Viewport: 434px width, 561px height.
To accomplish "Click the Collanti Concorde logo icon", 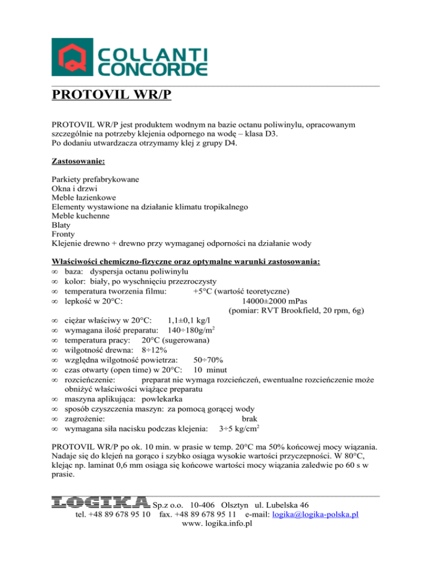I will [72, 57].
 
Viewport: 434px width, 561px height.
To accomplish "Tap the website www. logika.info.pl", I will [217, 524].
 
